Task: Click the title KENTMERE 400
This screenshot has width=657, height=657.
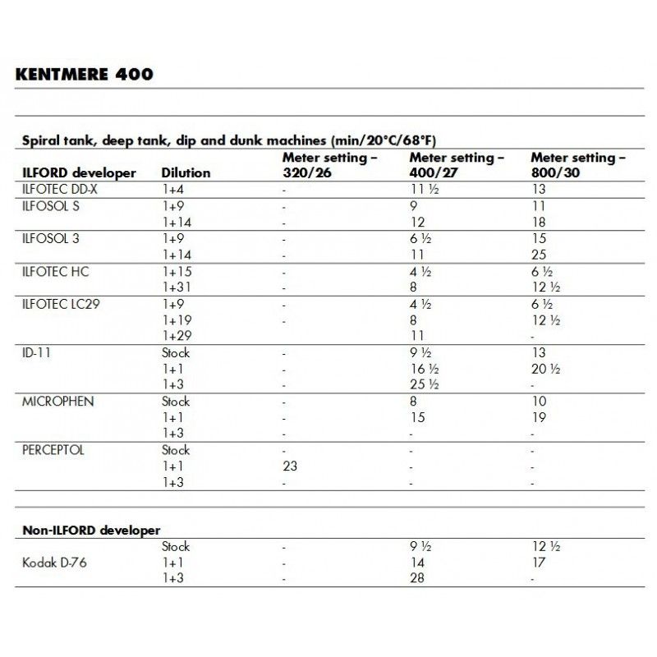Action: click(x=84, y=75)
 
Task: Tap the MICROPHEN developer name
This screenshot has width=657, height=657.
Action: click(x=57, y=401)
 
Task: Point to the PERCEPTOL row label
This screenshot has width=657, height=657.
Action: click(x=54, y=450)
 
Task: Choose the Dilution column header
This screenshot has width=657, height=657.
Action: click(x=186, y=173)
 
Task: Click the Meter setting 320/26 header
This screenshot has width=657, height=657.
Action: click(x=330, y=164)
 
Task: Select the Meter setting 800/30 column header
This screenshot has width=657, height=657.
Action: click(x=577, y=164)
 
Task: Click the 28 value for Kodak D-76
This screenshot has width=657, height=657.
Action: click(x=417, y=578)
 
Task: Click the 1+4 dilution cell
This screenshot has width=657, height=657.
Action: click(x=174, y=190)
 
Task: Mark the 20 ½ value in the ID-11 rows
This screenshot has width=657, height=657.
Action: click(x=545, y=369)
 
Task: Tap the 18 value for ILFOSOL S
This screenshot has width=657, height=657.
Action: click(x=538, y=223)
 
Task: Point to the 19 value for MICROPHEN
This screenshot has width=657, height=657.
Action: click(x=538, y=417)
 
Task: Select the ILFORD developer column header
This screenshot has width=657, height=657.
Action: click(x=80, y=173)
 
